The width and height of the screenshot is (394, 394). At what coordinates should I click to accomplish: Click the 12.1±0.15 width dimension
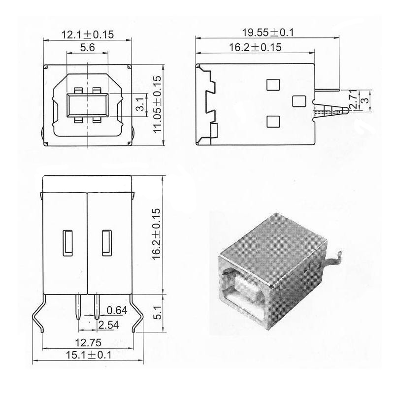[87, 34]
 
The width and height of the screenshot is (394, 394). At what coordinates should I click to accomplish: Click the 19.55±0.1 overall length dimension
[267, 32]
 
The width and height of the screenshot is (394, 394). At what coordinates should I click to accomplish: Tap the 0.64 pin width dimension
[116, 310]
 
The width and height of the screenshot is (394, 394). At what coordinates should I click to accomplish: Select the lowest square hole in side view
[272, 121]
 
